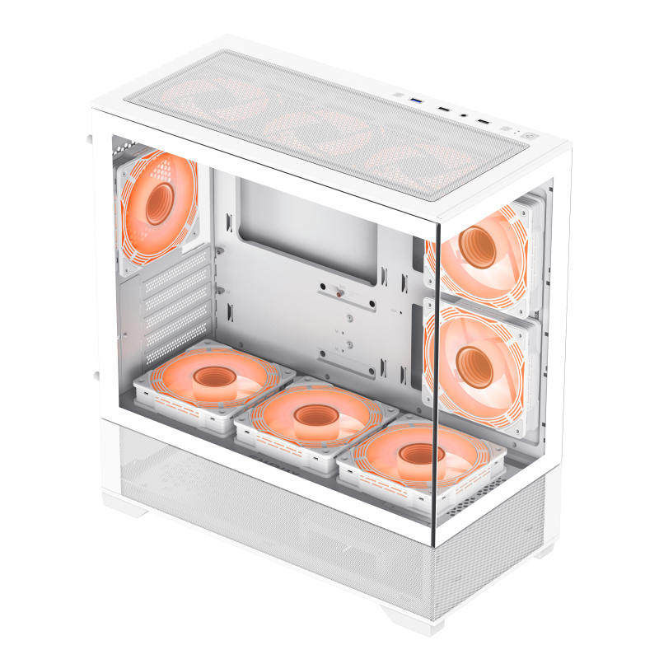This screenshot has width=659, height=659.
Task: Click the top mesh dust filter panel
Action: pos(329,124)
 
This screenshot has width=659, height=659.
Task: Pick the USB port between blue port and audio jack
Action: pos(444,110)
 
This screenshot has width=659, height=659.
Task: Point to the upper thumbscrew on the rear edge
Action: pos(88,138)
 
